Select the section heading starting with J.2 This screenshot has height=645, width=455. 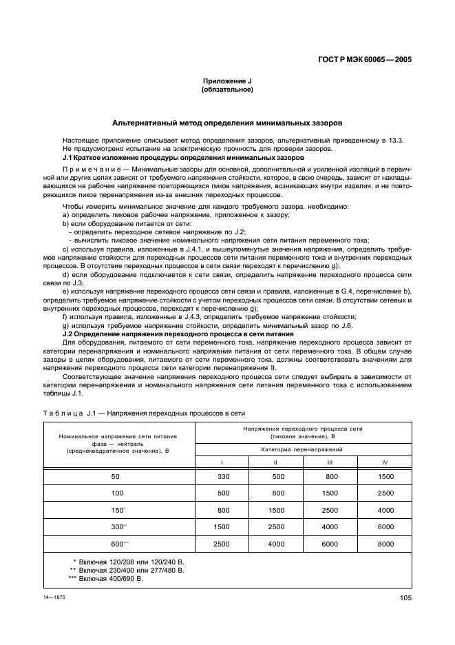178,334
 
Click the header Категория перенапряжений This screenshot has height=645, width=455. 303,449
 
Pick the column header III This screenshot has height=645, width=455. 330,462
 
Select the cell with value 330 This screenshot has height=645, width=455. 222,476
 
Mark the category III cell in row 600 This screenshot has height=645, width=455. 330,544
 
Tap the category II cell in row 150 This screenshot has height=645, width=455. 275,510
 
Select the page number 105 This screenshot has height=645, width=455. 405,598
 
